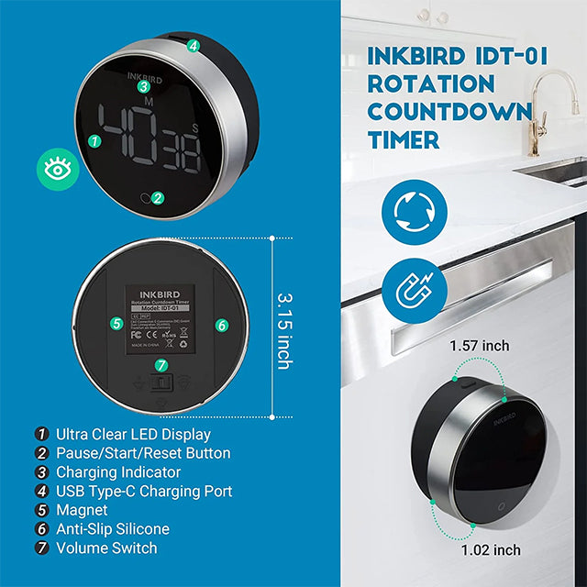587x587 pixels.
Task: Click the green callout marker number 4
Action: tap(194, 46)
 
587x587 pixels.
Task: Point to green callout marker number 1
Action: tap(94, 141)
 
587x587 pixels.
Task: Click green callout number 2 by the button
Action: tap(158, 197)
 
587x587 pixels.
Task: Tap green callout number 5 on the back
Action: tap(116, 324)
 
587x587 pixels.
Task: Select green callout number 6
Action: tap(221, 325)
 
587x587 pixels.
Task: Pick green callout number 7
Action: tap(161, 365)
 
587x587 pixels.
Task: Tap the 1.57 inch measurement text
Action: tap(479, 347)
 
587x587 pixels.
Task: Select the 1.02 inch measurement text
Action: tap(491, 550)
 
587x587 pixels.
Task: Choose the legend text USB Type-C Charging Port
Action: tap(144, 491)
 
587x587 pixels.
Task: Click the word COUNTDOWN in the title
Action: tap(449, 111)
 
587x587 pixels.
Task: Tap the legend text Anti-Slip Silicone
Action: tap(112, 529)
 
